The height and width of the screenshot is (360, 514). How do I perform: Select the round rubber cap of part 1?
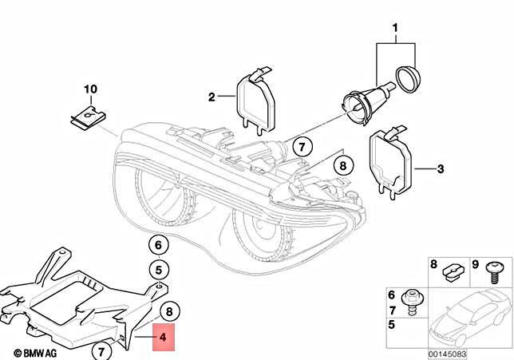[409, 81]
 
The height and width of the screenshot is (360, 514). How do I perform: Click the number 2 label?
[212, 98]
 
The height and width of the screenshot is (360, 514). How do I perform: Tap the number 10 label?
[89, 89]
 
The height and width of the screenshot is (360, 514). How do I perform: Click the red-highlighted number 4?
[163, 338]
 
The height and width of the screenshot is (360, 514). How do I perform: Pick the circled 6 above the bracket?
[158, 246]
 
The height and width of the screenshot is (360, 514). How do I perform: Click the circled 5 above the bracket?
[158, 269]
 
